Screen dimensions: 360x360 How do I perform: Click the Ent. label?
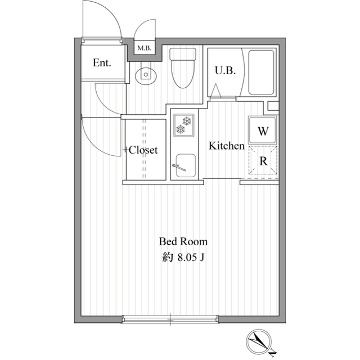pos(102,62)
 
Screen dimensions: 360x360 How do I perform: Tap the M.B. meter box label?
pos(145,48)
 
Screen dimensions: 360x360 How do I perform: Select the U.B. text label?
pos(225,70)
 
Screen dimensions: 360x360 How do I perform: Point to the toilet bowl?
pos(183,74)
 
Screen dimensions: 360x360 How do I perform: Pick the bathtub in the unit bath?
pos(261,73)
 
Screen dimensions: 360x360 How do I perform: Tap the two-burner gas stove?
pos(184,125)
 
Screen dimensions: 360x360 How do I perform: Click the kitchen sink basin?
pos(186,165)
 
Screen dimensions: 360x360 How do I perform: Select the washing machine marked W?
pos(263,130)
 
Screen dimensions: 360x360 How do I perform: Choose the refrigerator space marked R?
pos(263,160)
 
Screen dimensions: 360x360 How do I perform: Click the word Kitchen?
pos(227,146)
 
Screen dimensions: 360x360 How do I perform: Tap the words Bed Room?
pos(183,241)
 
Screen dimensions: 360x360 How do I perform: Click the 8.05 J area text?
pos(183,258)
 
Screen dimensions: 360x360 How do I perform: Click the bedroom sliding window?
pos(170,319)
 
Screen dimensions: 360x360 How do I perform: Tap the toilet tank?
pos(183,54)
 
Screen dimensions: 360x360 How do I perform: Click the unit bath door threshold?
pos(223,99)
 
